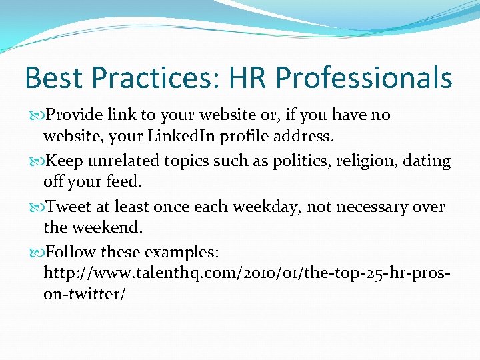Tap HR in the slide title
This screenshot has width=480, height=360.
click(248, 78)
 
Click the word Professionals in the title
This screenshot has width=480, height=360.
click(364, 78)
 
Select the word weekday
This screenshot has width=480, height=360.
click(264, 207)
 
